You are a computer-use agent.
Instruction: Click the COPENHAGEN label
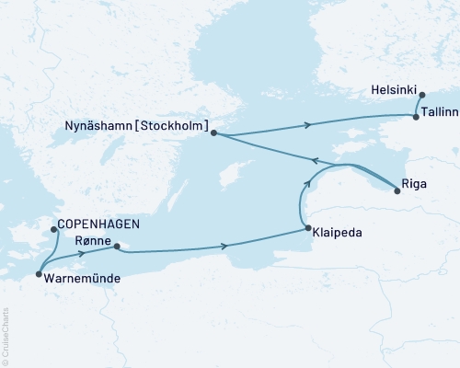(x=97, y=224)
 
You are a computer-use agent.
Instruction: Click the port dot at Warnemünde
(x=38, y=274)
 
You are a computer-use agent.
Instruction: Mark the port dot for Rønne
(x=116, y=247)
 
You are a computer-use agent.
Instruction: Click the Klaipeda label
(x=343, y=234)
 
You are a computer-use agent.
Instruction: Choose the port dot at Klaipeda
(x=307, y=228)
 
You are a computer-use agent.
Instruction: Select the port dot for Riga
(x=397, y=191)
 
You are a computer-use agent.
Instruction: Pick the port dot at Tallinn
(x=416, y=117)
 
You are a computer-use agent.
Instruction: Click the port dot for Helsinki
(x=421, y=95)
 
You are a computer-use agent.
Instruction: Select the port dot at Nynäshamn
(x=213, y=133)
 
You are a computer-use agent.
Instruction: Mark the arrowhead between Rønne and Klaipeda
(x=224, y=246)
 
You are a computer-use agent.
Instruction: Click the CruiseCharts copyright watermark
(x=6, y=336)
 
